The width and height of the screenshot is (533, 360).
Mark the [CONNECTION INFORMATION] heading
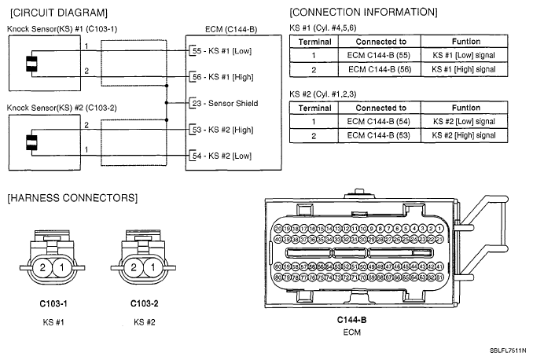click(x=363, y=13)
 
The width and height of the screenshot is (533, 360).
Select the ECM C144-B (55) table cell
click(x=380, y=55)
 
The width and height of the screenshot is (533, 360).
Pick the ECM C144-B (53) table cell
click(x=380, y=136)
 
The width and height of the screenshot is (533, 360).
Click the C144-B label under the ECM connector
click(x=351, y=320)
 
